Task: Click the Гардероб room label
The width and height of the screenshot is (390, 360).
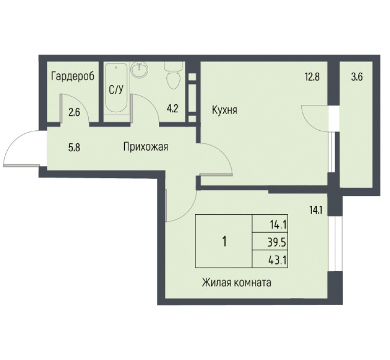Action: click(73, 76)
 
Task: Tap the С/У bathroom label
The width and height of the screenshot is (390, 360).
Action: click(116, 90)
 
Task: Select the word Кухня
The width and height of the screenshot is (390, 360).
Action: click(225, 110)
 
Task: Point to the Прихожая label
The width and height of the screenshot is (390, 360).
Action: click(146, 147)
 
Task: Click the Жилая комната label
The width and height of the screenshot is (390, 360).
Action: click(236, 283)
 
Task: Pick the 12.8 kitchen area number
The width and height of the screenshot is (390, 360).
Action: click(312, 77)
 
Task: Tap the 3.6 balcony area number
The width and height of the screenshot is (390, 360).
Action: click(357, 77)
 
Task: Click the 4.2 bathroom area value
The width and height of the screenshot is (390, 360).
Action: click(173, 109)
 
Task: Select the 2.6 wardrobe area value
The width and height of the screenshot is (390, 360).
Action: click(74, 113)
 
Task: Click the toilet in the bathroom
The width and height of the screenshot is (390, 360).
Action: click(174, 75)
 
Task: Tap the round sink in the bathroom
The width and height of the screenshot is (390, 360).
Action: click(139, 69)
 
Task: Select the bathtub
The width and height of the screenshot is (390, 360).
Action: click(116, 88)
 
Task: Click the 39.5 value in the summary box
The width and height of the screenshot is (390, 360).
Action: click(277, 242)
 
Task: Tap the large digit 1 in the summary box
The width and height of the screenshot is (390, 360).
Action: click(225, 241)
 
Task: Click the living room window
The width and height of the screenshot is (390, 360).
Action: click(335, 243)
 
